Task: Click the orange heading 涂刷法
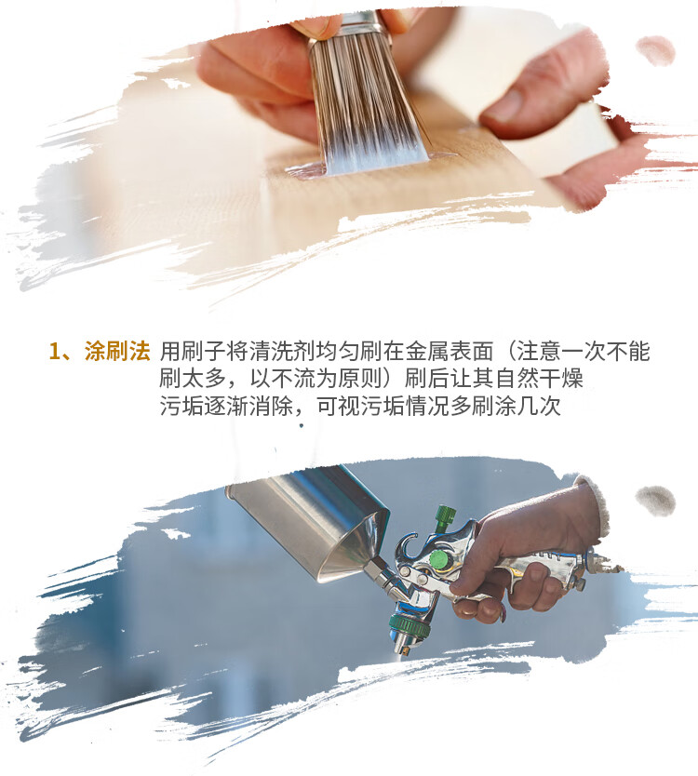[x=117, y=351]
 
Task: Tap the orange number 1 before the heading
[x=55, y=352]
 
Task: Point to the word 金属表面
[x=449, y=352]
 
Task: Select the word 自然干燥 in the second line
[x=539, y=379]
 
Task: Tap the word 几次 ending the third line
[x=540, y=407]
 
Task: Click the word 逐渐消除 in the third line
[x=248, y=407]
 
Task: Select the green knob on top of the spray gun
[x=445, y=515]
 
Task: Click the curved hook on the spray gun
[x=406, y=546]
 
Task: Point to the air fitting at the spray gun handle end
[x=604, y=565]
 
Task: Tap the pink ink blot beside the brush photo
[x=655, y=50]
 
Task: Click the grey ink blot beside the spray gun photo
[x=655, y=501]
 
